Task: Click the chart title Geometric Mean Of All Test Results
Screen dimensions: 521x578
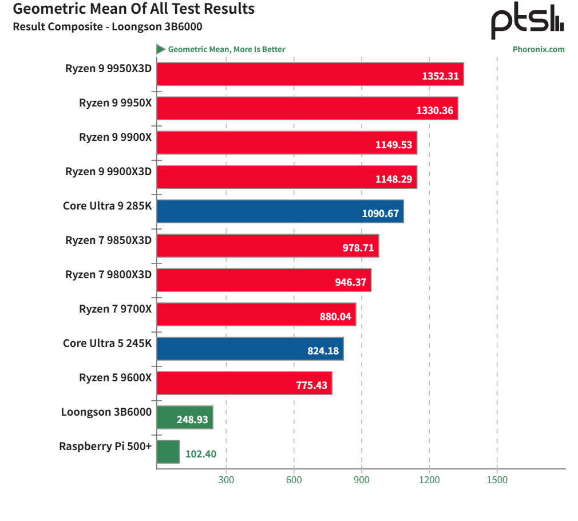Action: pos(133,9)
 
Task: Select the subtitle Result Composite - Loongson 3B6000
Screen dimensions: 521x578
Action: pos(107,26)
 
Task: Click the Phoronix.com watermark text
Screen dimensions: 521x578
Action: pos(538,49)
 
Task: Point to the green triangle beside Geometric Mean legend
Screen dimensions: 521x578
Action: pos(161,49)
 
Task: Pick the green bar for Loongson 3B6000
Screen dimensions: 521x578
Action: pos(184,417)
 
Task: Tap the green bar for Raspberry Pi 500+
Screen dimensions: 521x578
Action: pos(168,452)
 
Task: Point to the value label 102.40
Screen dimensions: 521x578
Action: pos(201,454)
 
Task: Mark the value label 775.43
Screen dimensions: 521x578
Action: pos(311,385)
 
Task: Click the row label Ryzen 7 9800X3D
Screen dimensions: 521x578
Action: pos(108,274)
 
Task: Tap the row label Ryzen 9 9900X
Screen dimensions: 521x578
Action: pos(115,137)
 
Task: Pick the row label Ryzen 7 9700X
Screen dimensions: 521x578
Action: pos(115,309)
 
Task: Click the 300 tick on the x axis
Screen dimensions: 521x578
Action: pos(226,480)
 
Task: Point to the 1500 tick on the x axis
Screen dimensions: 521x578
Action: pos(497,480)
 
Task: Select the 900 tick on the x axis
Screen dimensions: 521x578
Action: pos(362,480)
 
